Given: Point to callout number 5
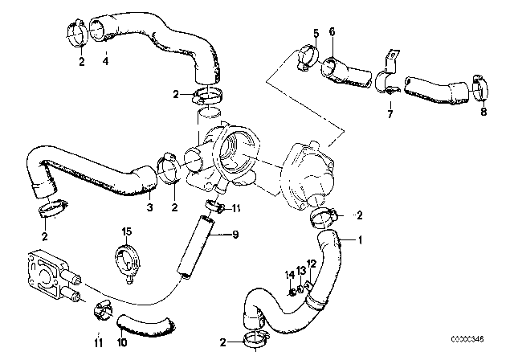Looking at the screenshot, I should tap(316, 32).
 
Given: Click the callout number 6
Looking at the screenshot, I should tap(332, 32).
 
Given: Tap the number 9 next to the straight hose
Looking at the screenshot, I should tap(235, 235).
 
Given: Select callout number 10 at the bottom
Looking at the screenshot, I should tap(120, 342).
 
